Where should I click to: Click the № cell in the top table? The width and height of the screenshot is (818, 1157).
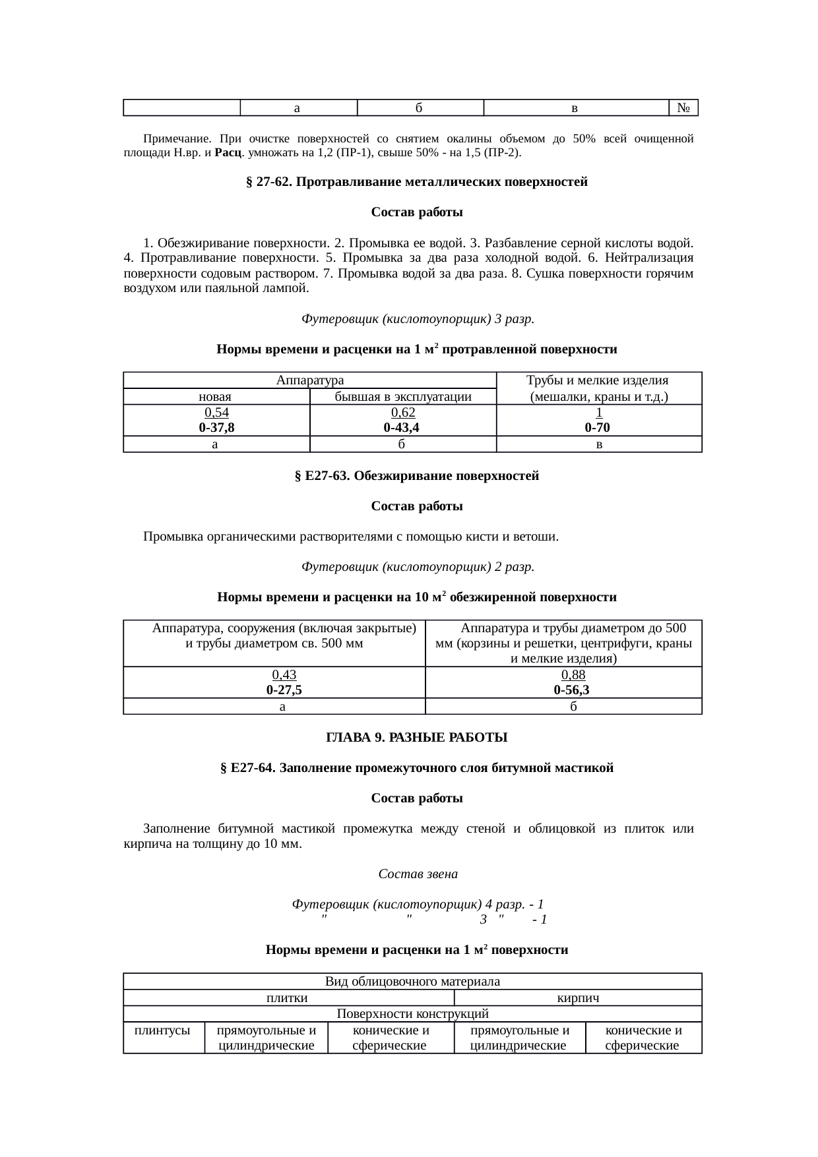tap(683, 108)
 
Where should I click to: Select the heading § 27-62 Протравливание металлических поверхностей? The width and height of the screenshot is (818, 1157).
tap(416, 182)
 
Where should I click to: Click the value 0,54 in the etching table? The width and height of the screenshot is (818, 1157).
tap(216, 413)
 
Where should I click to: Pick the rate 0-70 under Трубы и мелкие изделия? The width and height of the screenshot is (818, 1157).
tap(598, 428)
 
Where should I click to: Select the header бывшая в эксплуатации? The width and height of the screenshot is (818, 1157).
tap(402, 397)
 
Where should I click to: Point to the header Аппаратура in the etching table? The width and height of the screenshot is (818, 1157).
tap(309, 380)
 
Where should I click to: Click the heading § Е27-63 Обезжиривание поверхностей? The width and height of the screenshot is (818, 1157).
tap(416, 476)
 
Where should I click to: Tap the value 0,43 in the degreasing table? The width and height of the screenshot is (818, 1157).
tap(284, 675)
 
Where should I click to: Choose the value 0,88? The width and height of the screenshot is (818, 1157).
tap(573, 675)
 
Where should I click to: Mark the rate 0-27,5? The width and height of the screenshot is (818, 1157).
tap(284, 690)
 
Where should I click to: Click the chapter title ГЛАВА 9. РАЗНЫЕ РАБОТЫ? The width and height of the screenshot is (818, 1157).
tap(416, 738)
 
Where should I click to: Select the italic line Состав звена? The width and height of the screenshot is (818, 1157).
tap(418, 874)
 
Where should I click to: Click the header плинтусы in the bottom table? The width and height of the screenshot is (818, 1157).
tap(163, 1030)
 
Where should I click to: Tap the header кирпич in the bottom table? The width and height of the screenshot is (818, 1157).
tap(578, 998)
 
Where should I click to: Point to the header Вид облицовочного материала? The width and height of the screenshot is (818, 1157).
tap(412, 982)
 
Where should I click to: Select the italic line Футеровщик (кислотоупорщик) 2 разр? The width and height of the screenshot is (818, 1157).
tap(418, 567)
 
